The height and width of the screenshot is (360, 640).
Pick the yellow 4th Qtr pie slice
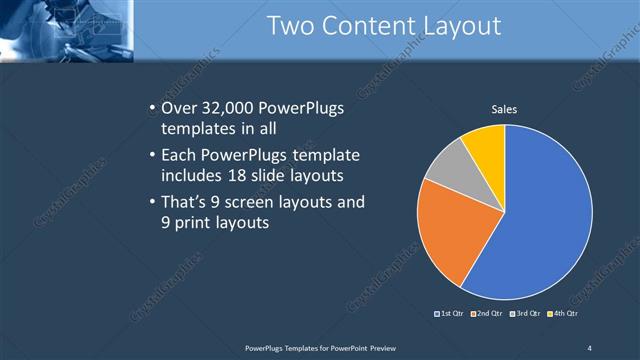(x=486, y=144)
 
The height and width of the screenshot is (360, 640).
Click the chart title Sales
(x=504, y=109)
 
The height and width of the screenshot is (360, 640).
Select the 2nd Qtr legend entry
(x=487, y=315)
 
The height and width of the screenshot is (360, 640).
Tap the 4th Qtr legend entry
(x=565, y=315)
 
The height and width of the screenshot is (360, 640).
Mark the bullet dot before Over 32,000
(x=151, y=107)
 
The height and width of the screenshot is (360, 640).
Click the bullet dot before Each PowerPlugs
(x=151, y=156)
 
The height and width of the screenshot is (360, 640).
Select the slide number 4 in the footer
(x=589, y=347)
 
